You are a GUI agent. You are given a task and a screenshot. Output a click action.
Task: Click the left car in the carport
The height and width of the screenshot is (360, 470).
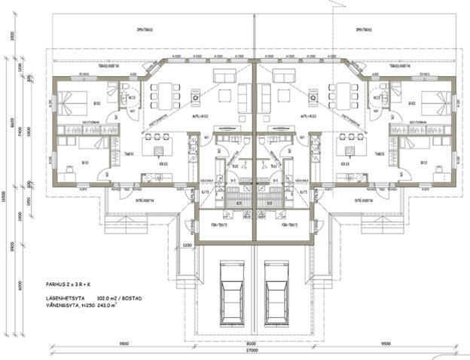[x=230, y=291]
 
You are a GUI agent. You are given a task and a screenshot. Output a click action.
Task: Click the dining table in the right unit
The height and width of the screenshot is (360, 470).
[x=343, y=94]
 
